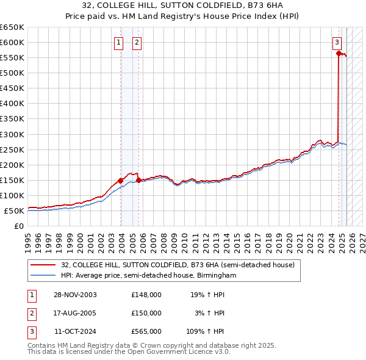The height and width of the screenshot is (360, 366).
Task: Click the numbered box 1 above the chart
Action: (118, 43)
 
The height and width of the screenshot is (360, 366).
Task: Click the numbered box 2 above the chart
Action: (136, 43)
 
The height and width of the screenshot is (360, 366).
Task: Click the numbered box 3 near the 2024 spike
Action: (337, 43)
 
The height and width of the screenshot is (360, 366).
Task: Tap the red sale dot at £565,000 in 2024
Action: (338, 53)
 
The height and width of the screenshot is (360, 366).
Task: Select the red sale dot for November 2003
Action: (121, 181)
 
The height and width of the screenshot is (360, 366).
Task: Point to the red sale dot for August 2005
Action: (138, 180)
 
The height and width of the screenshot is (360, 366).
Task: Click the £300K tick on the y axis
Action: (13, 134)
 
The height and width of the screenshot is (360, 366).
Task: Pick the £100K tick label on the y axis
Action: (13, 195)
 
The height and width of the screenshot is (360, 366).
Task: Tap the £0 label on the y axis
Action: (19, 226)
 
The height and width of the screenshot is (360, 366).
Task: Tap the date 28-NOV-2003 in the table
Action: (76, 295)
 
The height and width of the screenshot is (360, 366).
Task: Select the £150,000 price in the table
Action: (146, 313)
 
